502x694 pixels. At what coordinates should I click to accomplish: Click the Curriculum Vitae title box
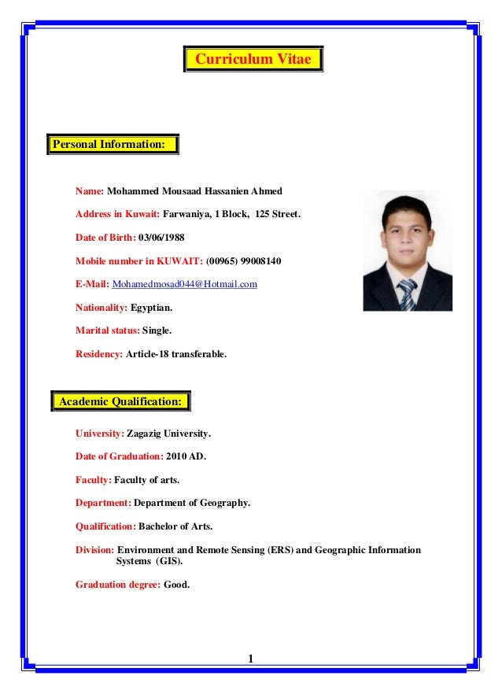253,60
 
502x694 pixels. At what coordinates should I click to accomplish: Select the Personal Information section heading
113,145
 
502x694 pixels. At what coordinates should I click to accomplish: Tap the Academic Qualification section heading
120,401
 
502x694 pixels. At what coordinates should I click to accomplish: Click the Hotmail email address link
185,284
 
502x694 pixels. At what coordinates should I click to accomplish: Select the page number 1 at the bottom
250,659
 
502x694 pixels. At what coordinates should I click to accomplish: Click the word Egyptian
151,308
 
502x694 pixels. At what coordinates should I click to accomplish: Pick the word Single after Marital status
156,331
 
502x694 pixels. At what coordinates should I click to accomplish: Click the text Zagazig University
168,434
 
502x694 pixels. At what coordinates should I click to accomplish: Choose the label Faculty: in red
94,480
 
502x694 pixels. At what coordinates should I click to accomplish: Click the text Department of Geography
191,503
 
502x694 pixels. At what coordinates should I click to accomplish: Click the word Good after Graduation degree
176,585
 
